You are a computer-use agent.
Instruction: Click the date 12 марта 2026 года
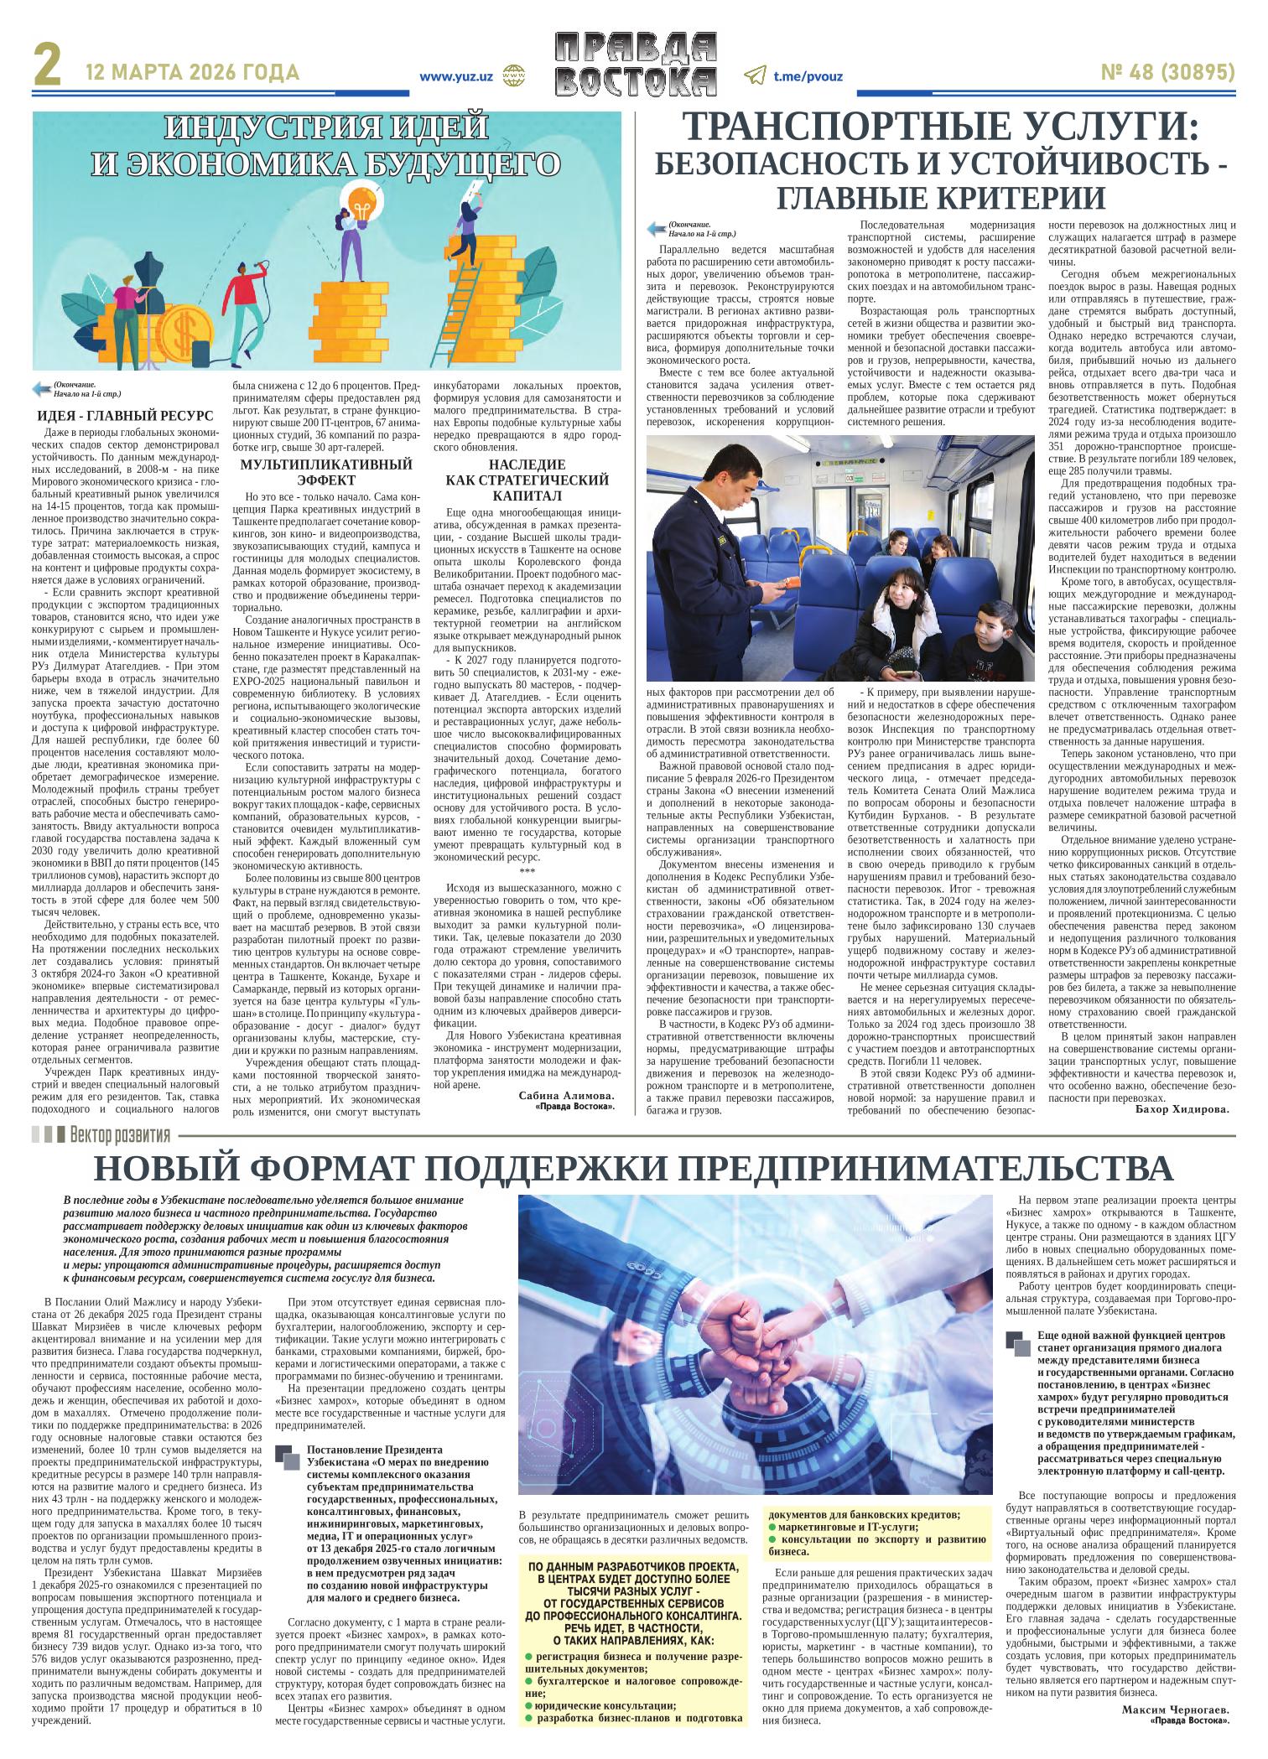[192, 73]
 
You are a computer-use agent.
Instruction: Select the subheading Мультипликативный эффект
[326, 472]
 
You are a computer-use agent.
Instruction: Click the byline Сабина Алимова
[567, 1096]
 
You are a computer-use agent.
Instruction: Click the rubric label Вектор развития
[120, 1136]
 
